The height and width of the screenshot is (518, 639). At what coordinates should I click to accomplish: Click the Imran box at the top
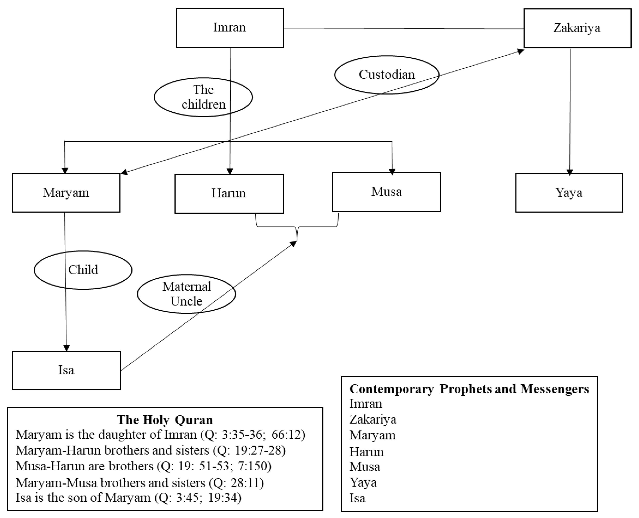pos(230,28)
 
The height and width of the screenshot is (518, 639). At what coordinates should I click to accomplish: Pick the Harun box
pos(229,194)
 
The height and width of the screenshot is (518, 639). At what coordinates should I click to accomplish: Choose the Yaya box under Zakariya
pos(569,193)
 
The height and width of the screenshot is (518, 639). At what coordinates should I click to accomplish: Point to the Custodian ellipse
pos(386,75)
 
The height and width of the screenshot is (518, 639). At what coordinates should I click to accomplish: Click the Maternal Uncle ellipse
pos(186,294)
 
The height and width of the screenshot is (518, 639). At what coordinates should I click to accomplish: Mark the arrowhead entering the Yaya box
pos(570,172)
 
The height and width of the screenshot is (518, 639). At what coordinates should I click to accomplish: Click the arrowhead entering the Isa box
pos(66,348)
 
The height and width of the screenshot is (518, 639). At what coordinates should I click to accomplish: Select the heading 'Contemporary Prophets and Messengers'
pos(469,389)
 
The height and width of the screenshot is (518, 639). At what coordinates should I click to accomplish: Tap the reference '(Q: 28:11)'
pos(236,483)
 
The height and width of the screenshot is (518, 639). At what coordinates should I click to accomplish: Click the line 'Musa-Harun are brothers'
pos(84,466)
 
